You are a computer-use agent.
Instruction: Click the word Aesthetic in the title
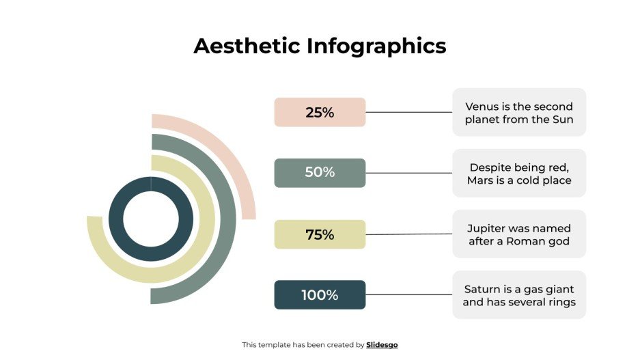[x=247, y=46]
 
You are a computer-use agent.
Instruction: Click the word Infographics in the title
[x=376, y=46]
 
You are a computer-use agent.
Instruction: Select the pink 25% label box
[x=320, y=112]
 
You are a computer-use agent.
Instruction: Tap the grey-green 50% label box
[x=320, y=173]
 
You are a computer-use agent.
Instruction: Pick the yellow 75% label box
[x=320, y=234]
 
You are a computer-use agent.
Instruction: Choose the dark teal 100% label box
[x=320, y=295]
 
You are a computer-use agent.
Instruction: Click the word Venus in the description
[x=482, y=107]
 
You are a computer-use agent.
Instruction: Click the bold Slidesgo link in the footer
[x=382, y=345]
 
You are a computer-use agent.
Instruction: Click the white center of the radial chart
[x=151, y=219]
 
